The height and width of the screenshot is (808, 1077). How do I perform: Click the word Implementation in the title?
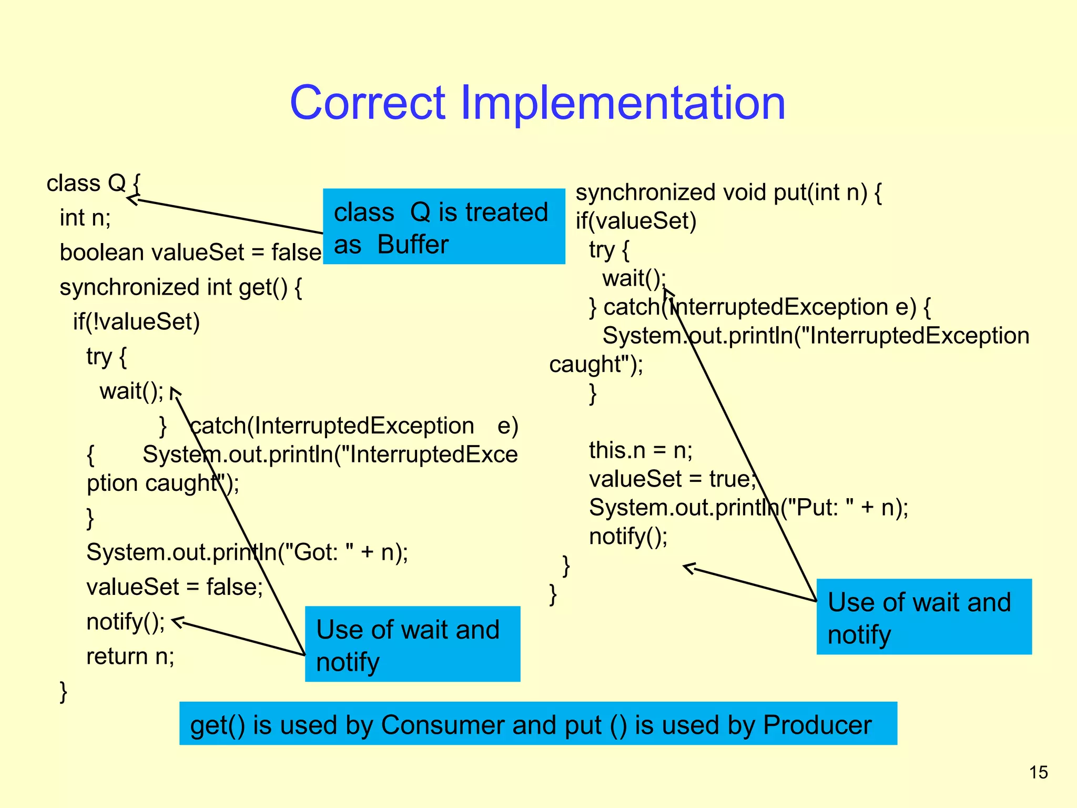(623, 103)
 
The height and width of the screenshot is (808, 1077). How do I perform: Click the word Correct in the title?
(368, 103)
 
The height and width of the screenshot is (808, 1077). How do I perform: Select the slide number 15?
(1039, 772)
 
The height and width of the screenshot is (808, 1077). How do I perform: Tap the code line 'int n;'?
(85, 218)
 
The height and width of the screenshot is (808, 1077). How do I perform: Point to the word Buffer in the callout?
(413, 245)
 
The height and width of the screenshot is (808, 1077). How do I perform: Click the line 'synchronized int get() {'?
(180, 288)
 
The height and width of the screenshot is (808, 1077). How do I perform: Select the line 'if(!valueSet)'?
(136, 322)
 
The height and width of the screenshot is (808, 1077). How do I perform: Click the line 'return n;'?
(130, 656)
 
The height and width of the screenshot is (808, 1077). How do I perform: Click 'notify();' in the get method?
(126, 622)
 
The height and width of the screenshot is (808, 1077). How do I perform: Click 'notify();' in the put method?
(628, 537)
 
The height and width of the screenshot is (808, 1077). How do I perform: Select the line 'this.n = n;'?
(641, 450)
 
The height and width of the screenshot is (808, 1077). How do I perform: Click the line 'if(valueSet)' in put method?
(636, 221)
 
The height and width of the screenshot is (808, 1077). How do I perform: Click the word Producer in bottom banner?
(817, 725)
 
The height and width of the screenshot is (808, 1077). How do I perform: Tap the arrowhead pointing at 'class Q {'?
(131, 199)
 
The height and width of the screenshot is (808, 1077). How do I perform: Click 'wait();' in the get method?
(131, 391)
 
